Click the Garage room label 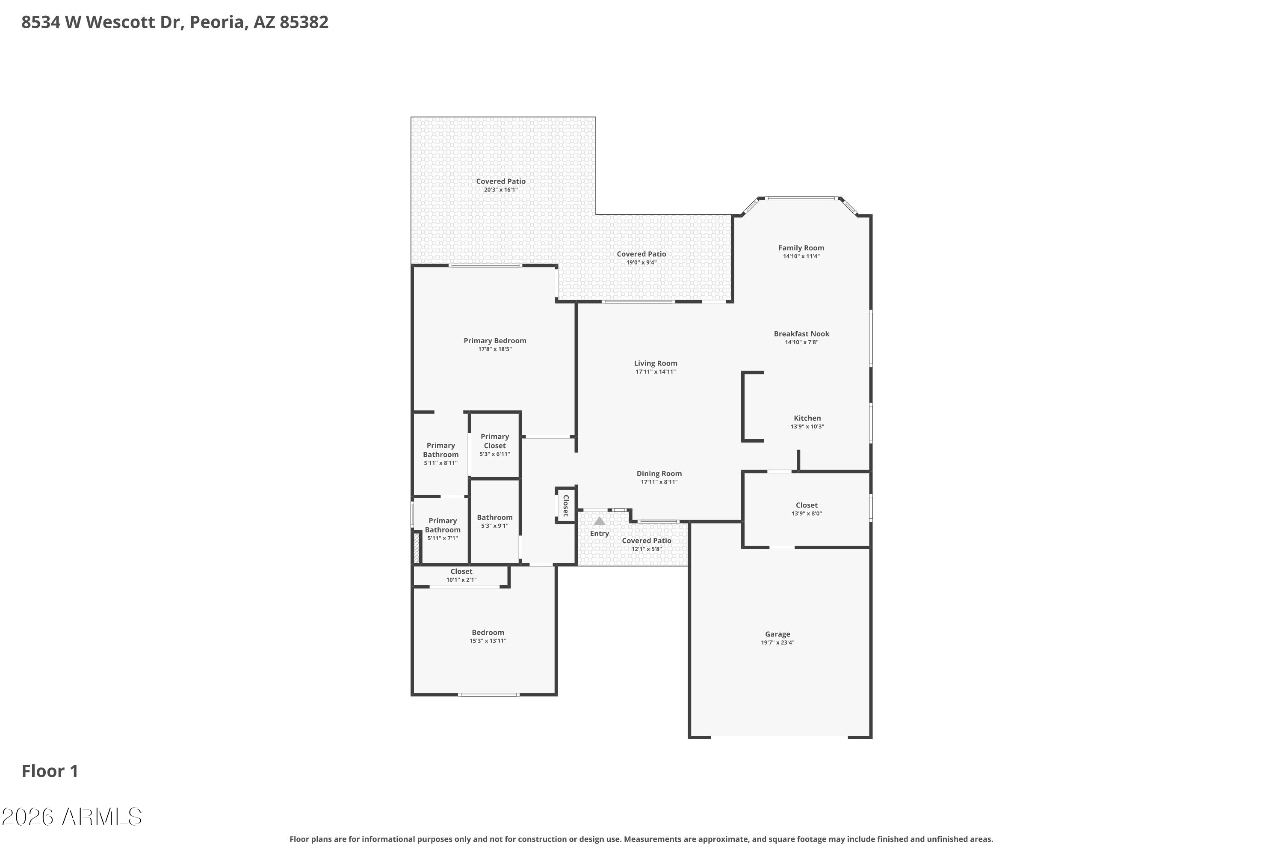coord(777,634)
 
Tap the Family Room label coord(801,248)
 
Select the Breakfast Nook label coord(801,333)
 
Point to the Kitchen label coord(807,418)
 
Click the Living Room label coord(655,363)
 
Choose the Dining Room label coord(659,473)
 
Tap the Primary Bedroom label coord(495,341)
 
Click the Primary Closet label coord(495,441)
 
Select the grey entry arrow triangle coord(600,521)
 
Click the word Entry coord(600,533)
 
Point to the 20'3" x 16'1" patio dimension coord(501,190)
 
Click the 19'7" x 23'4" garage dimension coord(777,642)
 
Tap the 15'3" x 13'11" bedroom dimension coord(488,641)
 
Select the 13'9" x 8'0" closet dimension coord(806,514)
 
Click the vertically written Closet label coord(566,505)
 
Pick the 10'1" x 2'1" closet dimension coord(461,580)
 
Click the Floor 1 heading coord(50,771)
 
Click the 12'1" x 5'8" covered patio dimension coord(646,549)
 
